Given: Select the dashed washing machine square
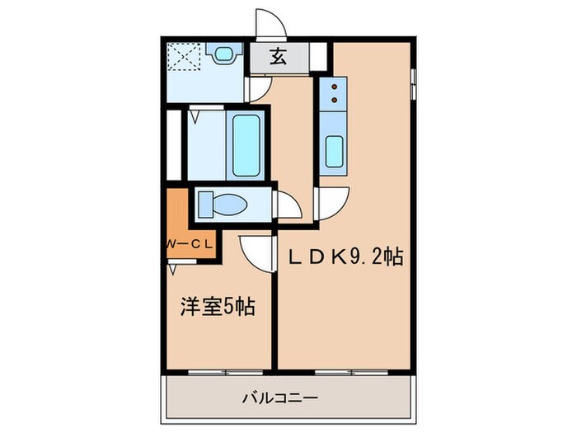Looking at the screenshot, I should click(x=186, y=58).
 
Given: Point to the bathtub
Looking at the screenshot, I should click(x=246, y=146).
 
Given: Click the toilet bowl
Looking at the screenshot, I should click(x=221, y=203).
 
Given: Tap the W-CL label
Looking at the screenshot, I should click(x=190, y=244).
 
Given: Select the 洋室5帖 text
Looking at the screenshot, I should click(x=217, y=308).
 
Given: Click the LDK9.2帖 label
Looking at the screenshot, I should click(x=345, y=257).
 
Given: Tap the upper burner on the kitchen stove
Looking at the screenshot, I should click(x=335, y=86).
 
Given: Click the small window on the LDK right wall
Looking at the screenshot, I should click(x=414, y=82).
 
